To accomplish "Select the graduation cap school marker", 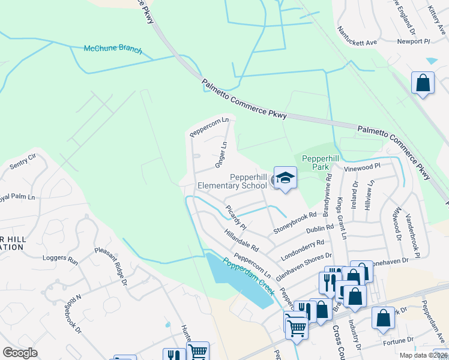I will click(x=285, y=178).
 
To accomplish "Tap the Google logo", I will click(x=20, y=353).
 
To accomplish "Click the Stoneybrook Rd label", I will click(x=295, y=223).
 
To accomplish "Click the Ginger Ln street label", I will click(x=220, y=154).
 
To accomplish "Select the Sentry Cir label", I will click(x=23, y=160).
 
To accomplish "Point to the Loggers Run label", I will click(x=60, y=259).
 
